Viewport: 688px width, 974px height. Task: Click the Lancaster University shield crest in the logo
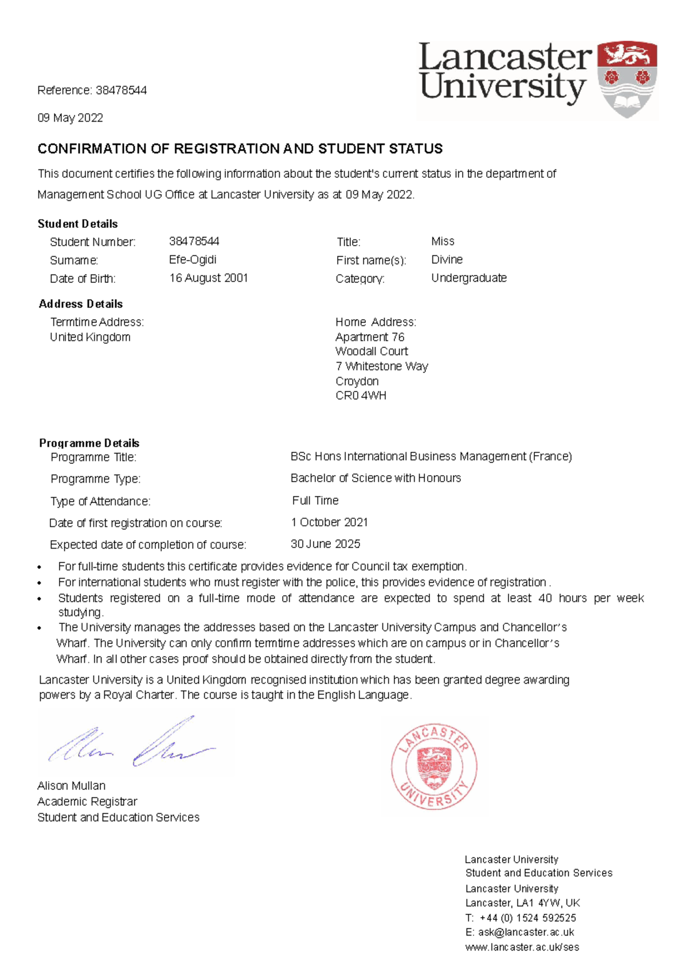click(x=627, y=79)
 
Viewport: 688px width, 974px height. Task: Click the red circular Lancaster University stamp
click(x=434, y=766)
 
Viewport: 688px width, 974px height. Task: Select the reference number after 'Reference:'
click(x=121, y=90)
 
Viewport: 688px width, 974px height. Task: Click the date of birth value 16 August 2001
click(x=208, y=278)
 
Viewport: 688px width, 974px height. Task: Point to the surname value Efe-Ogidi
click(x=193, y=260)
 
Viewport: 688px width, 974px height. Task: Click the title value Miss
click(x=443, y=242)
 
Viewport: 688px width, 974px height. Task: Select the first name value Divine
click(x=447, y=260)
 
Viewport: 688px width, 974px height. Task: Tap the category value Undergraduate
click(x=468, y=278)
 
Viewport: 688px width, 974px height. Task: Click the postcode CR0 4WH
click(x=361, y=395)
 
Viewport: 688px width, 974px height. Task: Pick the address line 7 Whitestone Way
click(x=381, y=366)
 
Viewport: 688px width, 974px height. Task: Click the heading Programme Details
click(x=89, y=443)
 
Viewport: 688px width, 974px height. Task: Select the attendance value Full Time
click(x=315, y=500)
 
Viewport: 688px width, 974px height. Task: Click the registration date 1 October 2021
click(x=329, y=522)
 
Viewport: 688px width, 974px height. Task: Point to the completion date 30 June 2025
click(x=325, y=544)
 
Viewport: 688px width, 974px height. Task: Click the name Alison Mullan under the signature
click(x=71, y=786)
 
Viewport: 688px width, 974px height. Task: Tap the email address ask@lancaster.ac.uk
click(x=526, y=933)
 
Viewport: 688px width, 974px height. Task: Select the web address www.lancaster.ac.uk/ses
click(x=522, y=948)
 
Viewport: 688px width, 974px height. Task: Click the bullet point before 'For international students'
click(x=40, y=583)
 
